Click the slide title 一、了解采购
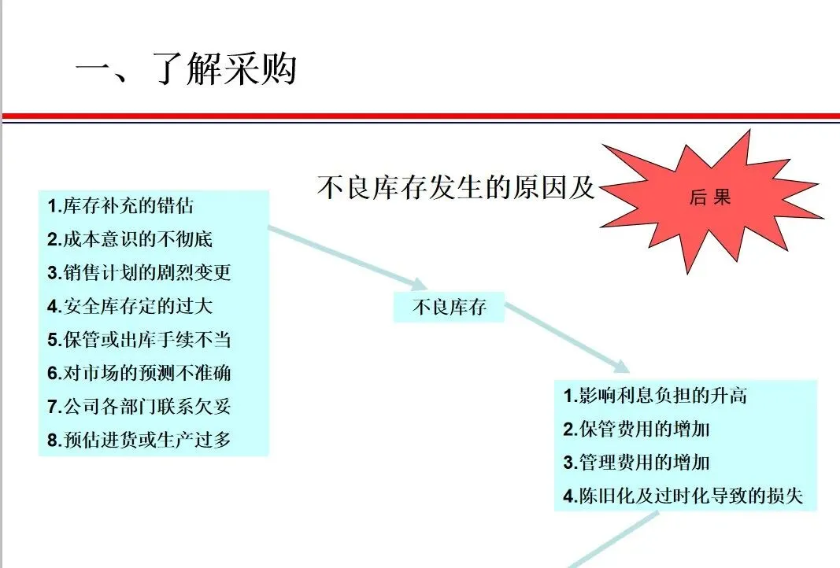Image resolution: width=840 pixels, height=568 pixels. [x=186, y=70]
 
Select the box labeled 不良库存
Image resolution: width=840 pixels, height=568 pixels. [x=449, y=308]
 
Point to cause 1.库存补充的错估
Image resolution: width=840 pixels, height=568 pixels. [x=120, y=206]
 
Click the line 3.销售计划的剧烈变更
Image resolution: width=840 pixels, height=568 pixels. [x=139, y=273]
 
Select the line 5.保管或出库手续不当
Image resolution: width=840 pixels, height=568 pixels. [x=139, y=340]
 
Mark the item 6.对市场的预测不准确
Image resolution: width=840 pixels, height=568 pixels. [x=139, y=373]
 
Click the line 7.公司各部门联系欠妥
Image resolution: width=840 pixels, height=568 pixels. [x=139, y=407]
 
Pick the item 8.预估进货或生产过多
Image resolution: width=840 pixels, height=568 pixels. [x=139, y=440]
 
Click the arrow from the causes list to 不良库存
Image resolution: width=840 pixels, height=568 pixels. [x=346, y=257]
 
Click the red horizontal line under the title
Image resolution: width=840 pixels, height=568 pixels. [x=420, y=116]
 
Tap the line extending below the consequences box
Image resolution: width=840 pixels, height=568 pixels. [x=614, y=540]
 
